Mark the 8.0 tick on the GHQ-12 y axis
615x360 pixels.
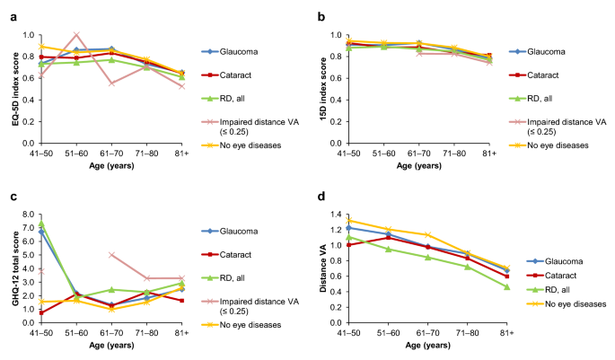pyautogui.click(x=30, y=215)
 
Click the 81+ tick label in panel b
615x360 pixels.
pyautogui.click(x=488, y=154)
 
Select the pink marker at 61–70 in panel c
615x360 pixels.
pyautogui.click(x=110, y=255)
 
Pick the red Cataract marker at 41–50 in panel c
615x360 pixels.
pyautogui.click(x=42, y=312)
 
